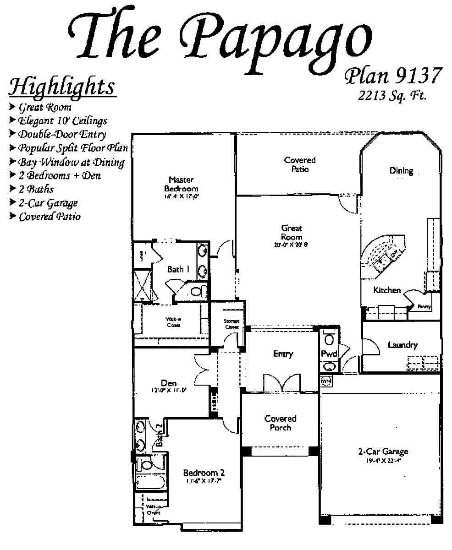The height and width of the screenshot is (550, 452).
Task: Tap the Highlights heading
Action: click(x=63, y=87)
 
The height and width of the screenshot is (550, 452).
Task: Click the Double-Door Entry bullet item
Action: click(x=62, y=135)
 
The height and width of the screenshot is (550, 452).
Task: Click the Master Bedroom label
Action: click(x=181, y=184)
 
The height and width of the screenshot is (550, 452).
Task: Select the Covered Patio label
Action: click(x=300, y=164)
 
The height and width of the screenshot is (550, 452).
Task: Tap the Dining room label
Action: click(x=401, y=171)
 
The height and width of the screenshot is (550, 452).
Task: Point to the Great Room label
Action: click(x=292, y=232)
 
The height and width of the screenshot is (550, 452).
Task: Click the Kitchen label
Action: click(x=387, y=290)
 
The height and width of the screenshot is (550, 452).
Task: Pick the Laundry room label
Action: click(x=402, y=345)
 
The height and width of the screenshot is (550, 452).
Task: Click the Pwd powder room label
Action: click(x=329, y=354)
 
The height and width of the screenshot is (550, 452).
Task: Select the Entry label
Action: click(x=282, y=354)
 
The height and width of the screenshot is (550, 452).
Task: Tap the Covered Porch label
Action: click(x=280, y=423)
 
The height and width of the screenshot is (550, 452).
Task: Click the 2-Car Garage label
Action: click(x=383, y=452)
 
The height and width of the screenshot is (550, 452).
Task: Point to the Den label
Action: click(x=169, y=383)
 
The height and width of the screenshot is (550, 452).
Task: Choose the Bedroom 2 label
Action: click(x=204, y=473)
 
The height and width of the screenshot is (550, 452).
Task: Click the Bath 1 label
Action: click(x=178, y=269)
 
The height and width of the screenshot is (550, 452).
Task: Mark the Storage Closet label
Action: click(x=232, y=324)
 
